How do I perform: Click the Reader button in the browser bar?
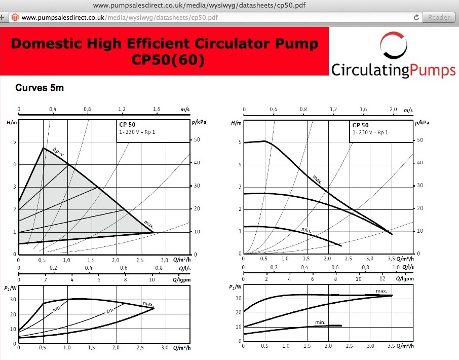click(438, 17)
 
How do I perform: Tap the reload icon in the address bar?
click(416, 17)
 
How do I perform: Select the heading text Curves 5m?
click(40, 88)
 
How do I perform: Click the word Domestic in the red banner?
click(49, 44)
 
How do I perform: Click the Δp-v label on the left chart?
click(58, 151)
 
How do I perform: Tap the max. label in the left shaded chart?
click(148, 224)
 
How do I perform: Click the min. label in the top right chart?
click(306, 231)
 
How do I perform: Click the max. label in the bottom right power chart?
click(381, 291)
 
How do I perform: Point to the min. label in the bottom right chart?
click(320, 322)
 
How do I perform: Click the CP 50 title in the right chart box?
click(360, 125)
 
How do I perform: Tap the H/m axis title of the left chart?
click(12, 123)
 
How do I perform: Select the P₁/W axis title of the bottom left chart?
click(10, 288)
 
